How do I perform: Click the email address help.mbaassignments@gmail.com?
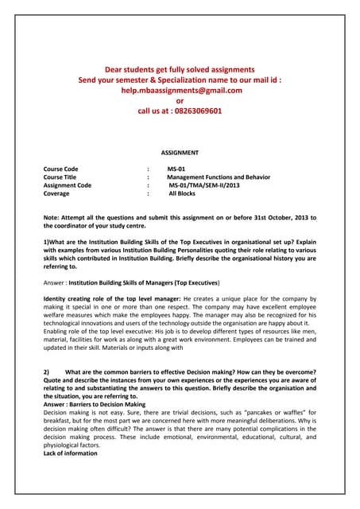tap(180, 91)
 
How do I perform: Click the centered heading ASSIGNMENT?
tap(180, 152)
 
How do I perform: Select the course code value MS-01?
tap(176, 169)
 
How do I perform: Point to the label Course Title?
tap(63, 177)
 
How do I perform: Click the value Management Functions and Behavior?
tap(219, 177)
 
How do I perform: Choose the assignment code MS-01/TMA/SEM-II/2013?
tap(203, 185)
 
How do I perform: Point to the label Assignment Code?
tap(68, 185)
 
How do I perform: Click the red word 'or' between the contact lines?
tap(180, 101)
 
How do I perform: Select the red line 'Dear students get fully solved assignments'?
tap(180, 70)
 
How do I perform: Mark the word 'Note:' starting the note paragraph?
tap(52, 216)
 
